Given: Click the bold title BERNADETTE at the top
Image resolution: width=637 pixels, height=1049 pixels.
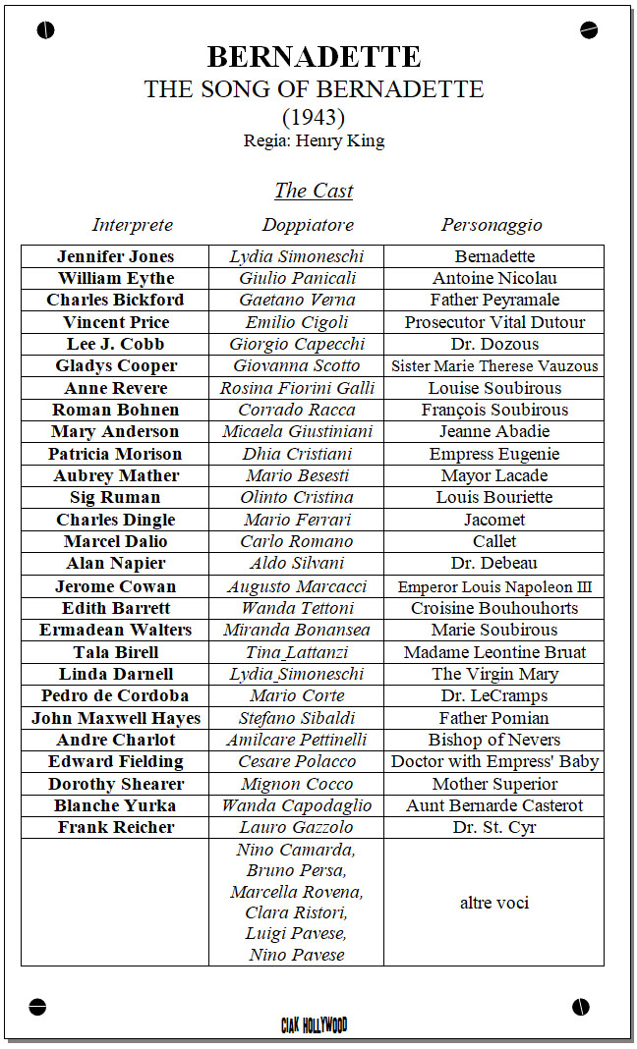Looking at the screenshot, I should (314, 57).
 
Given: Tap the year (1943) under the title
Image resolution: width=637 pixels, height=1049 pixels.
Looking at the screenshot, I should (314, 117).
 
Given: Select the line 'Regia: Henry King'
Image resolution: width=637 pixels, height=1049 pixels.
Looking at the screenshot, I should (314, 140).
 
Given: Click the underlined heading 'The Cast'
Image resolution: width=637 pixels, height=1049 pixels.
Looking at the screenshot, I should (314, 191).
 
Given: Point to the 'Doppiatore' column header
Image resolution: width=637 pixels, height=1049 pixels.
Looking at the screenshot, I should (308, 225).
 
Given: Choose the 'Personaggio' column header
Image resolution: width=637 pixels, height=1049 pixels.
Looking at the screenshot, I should (492, 225).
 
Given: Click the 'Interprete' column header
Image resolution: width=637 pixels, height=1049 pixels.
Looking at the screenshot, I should (133, 225).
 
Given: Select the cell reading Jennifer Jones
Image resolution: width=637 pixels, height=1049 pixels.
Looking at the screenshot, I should (116, 256).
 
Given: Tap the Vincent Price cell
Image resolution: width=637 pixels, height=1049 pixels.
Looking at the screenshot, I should (116, 322).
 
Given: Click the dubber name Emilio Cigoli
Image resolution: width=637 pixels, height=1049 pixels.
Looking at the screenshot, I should (297, 322).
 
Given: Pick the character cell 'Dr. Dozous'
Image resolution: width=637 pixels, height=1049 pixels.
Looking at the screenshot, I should (494, 344).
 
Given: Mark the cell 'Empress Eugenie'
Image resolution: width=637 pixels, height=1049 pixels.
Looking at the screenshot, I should (494, 454).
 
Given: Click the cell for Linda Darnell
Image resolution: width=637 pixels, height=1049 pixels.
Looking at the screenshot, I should (116, 674).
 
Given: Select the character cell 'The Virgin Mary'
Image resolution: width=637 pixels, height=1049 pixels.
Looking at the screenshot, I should (494, 674).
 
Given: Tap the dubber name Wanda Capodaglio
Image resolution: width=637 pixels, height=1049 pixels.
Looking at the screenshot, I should (297, 805).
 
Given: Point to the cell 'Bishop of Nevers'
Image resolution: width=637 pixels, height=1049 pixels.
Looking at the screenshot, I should (494, 740).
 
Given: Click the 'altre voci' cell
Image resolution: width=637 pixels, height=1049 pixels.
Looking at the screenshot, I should (494, 902).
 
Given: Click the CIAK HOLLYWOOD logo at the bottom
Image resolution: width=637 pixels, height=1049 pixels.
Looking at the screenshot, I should (314, 1025).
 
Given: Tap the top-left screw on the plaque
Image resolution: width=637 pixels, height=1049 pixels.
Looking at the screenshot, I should (45, 30).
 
